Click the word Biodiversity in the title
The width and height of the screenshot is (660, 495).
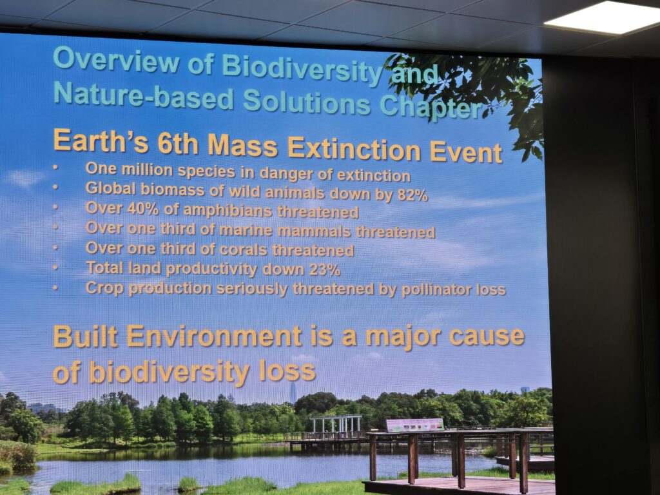302,69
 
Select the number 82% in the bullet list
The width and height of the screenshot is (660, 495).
412,195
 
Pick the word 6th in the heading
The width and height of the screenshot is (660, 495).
178,144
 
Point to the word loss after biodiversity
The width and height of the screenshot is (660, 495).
287,371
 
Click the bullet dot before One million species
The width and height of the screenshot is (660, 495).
55,167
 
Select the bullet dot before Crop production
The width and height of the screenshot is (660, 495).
55,287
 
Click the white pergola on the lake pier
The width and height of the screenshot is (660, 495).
336,424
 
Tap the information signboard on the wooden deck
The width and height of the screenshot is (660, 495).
414,425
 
